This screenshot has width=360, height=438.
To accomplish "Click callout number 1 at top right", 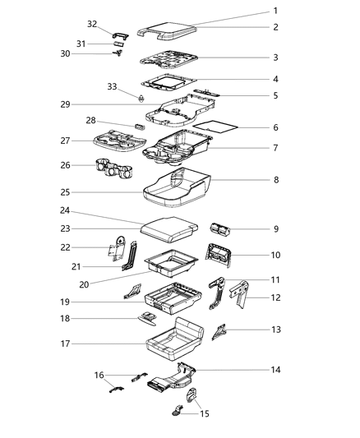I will click(x=275, y=11).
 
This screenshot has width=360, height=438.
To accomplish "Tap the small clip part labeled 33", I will click(x=140, y=98).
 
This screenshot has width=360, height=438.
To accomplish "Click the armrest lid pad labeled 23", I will click(x=168, y=230).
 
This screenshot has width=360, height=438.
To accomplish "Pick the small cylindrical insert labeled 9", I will click(x=223, y=230).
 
